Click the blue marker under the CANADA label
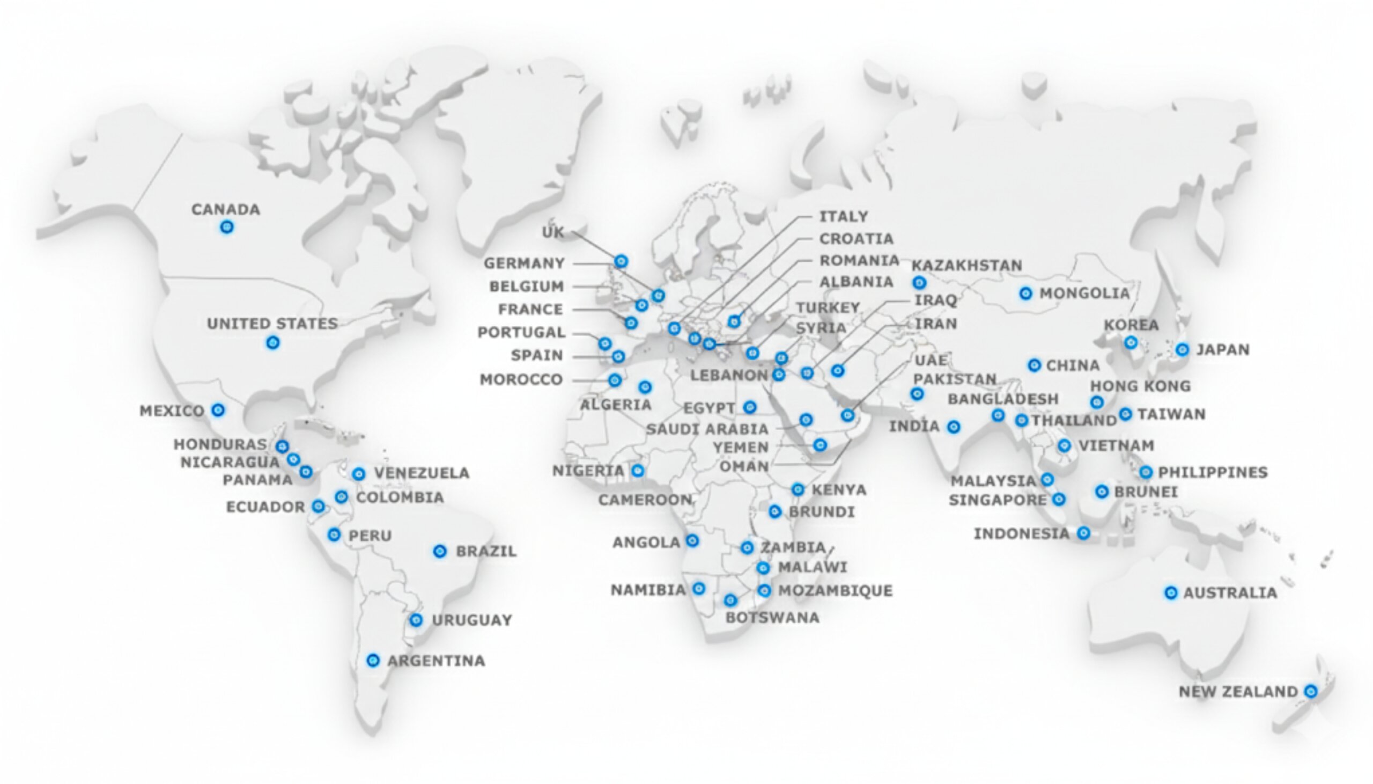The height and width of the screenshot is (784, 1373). click(x=227, y=226)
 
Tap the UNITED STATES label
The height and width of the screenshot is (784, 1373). click(x=272, y=324)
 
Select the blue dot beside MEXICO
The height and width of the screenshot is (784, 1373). click(x=218, y=411)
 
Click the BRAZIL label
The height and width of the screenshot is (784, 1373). click(x=486, y=552)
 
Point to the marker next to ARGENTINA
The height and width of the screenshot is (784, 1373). click(x=373, y=660)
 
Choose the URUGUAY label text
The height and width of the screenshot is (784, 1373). click(x=472, y=620)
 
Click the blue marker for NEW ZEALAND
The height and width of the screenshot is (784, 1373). click(x=1311, y=691)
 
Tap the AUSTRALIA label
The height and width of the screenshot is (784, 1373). click(x=1230, y=593)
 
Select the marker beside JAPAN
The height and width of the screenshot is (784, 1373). click(x=1182, y=349)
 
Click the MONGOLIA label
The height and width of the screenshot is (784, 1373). click(x=1084, y=294)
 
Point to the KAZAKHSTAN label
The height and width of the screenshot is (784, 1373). click(x=967, y=266)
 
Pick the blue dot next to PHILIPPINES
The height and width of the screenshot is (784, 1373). click(x=1146, y=472)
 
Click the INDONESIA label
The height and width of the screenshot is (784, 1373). click(x=1022, y=533)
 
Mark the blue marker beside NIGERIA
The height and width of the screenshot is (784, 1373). click(x=638, y=471)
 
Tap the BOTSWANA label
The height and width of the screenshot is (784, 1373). click(x=772, y=618)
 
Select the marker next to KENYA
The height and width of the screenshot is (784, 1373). click(x=798, y=489)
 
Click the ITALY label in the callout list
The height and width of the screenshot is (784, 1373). click(x=844, y=216)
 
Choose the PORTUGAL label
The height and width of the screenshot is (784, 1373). click(x=521, y=332)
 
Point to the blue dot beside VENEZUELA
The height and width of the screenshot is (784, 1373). click(x=359, y=474)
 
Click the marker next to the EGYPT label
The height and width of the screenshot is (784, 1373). click(x=750, y=407)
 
